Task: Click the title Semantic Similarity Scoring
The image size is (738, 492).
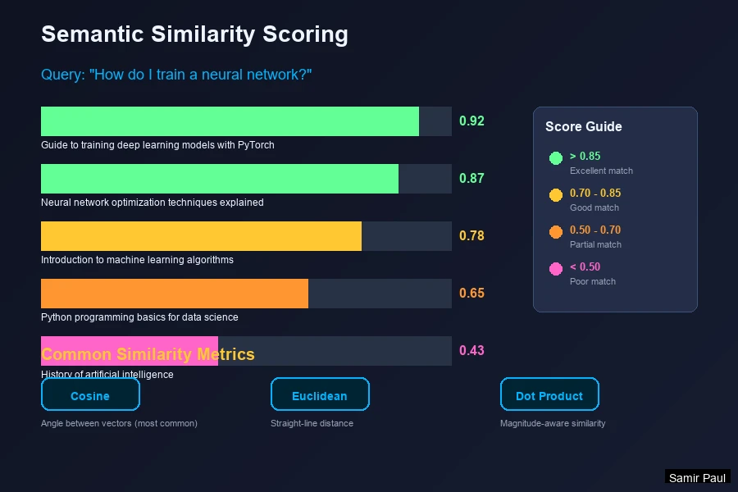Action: (x=194, y=34)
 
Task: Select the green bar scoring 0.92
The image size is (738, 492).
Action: (x=230, y=121)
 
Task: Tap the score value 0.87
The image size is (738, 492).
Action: (x=471, y=179)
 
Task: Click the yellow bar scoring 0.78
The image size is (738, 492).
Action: (x=201, y=236)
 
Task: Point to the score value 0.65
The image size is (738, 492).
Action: (x=471, y=294)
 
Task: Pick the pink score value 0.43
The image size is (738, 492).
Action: (x=471, y=351)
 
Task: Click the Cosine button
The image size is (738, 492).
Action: (x=90, y=395)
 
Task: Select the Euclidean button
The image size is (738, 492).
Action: (x=320, y=395)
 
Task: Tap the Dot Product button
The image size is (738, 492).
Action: (x=549, y=395)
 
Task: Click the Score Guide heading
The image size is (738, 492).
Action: (x=584, y=127)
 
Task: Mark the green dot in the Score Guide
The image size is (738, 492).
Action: (x=555, y=158)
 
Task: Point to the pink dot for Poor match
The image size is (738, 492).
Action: (x=555, y=269)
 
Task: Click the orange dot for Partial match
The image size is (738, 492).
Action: (x=555, y=232)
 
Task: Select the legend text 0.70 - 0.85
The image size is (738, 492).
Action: (x=595, y=194)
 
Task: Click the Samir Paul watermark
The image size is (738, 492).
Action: (x=697, y=477)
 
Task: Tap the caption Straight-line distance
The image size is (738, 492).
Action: (x=312, y=423)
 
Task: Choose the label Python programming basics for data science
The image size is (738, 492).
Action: (x=139, y=317)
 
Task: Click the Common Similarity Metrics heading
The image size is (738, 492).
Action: (x=148, y=354)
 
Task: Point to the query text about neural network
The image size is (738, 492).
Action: (x=176, y=75)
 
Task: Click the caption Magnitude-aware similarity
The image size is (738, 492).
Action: (x=553, y=423)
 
